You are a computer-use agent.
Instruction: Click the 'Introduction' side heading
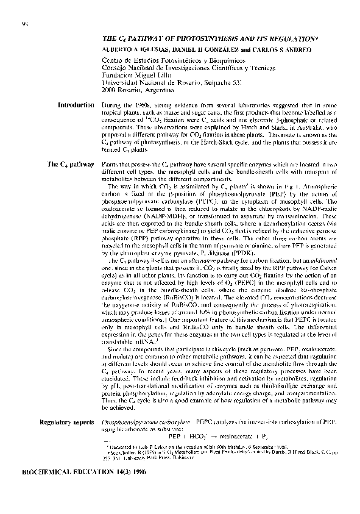pyautogui.click(x=76, y=105)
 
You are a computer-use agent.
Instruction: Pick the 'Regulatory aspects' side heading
pyautogui.click(x=66, y=422)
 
